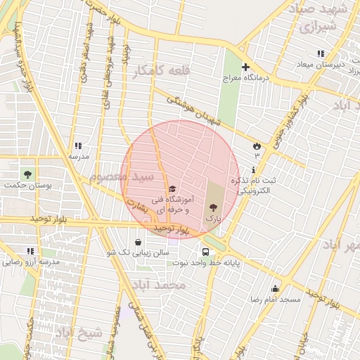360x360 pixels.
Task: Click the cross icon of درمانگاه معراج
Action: click(x=245, y=67)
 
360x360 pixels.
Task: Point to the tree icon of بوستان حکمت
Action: click(x=27, y=173)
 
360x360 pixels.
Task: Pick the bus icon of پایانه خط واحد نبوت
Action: click(x=205, y=252)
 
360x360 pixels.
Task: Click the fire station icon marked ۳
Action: click(x=256, y=146)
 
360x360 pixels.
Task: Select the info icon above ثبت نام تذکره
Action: click(x=253, y=169)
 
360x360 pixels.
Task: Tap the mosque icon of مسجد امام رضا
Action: click(x=274, y=288)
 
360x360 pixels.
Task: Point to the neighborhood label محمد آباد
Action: click(x=159, y=284)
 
